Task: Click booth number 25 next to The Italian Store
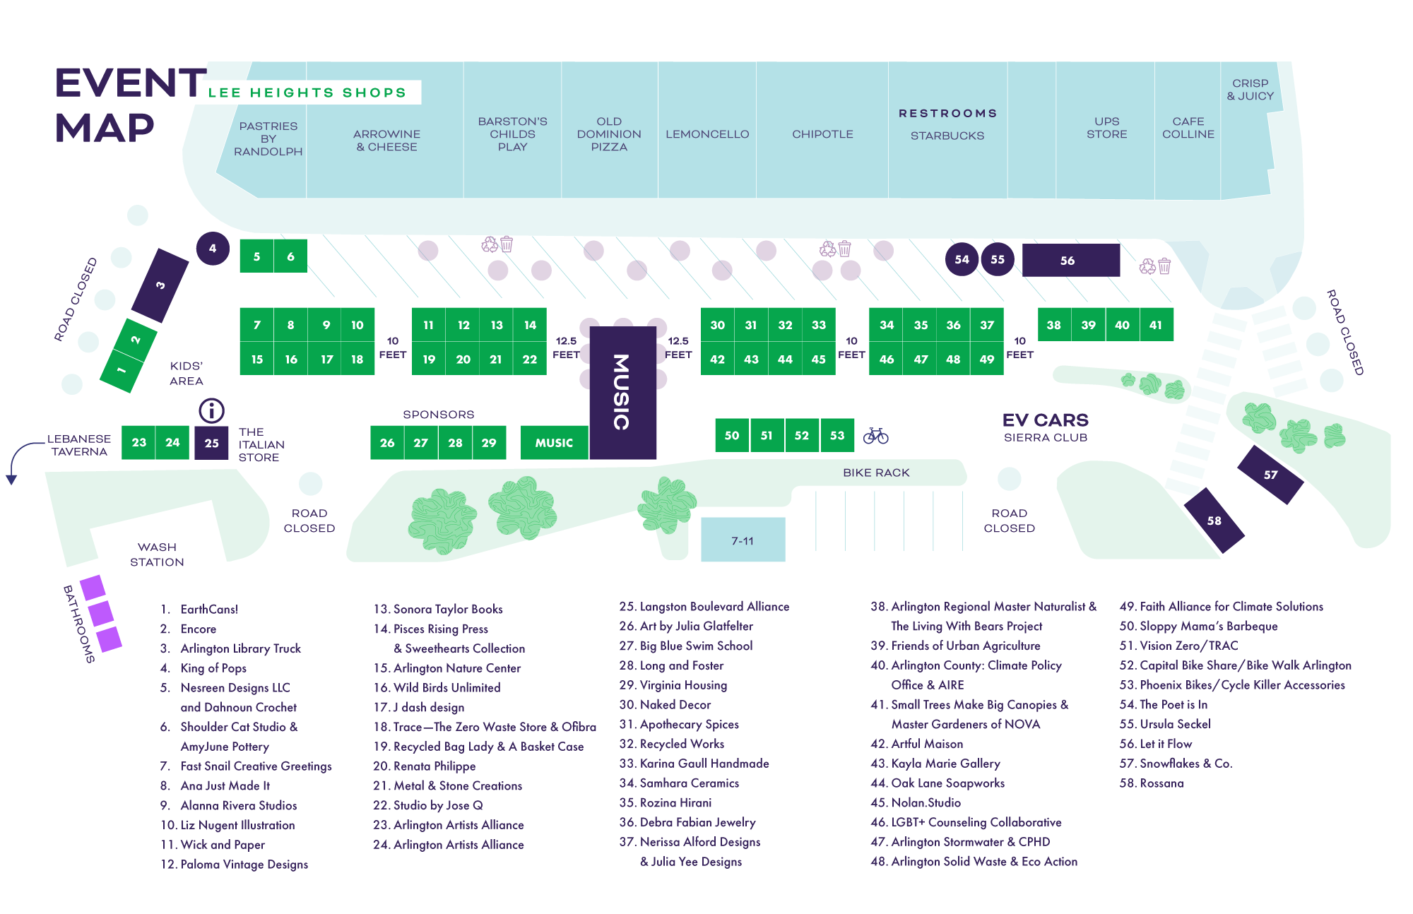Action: (x=211, y=443)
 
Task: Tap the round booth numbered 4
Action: (x=213, y=249)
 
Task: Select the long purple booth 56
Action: (x=1070, y=260)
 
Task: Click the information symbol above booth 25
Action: (x=211, y=410)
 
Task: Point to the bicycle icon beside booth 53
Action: (x=875, y=435)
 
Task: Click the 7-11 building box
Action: (x=743, y=540)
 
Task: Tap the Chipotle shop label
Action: (x=822, y=134)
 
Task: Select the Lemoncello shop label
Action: (x=706, y=134)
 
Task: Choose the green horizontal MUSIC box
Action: (x=554, y=443)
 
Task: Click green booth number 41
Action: (x=1156, y=325)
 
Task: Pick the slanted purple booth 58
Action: (x=1214, y=521)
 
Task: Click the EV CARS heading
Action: (x=1045, y=420)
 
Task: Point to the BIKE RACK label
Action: (x=876, y=473)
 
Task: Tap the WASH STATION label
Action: (x=157, y=554)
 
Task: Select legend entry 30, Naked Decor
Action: (x=665, y=704)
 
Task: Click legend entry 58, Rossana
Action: (x=1152, y=783)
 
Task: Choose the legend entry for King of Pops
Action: (x=213, y=667)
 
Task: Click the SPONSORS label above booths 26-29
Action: (x=438, y=415)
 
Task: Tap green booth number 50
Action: (x=732, y=435)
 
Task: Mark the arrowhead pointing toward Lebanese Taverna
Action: (x=11, y=480)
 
